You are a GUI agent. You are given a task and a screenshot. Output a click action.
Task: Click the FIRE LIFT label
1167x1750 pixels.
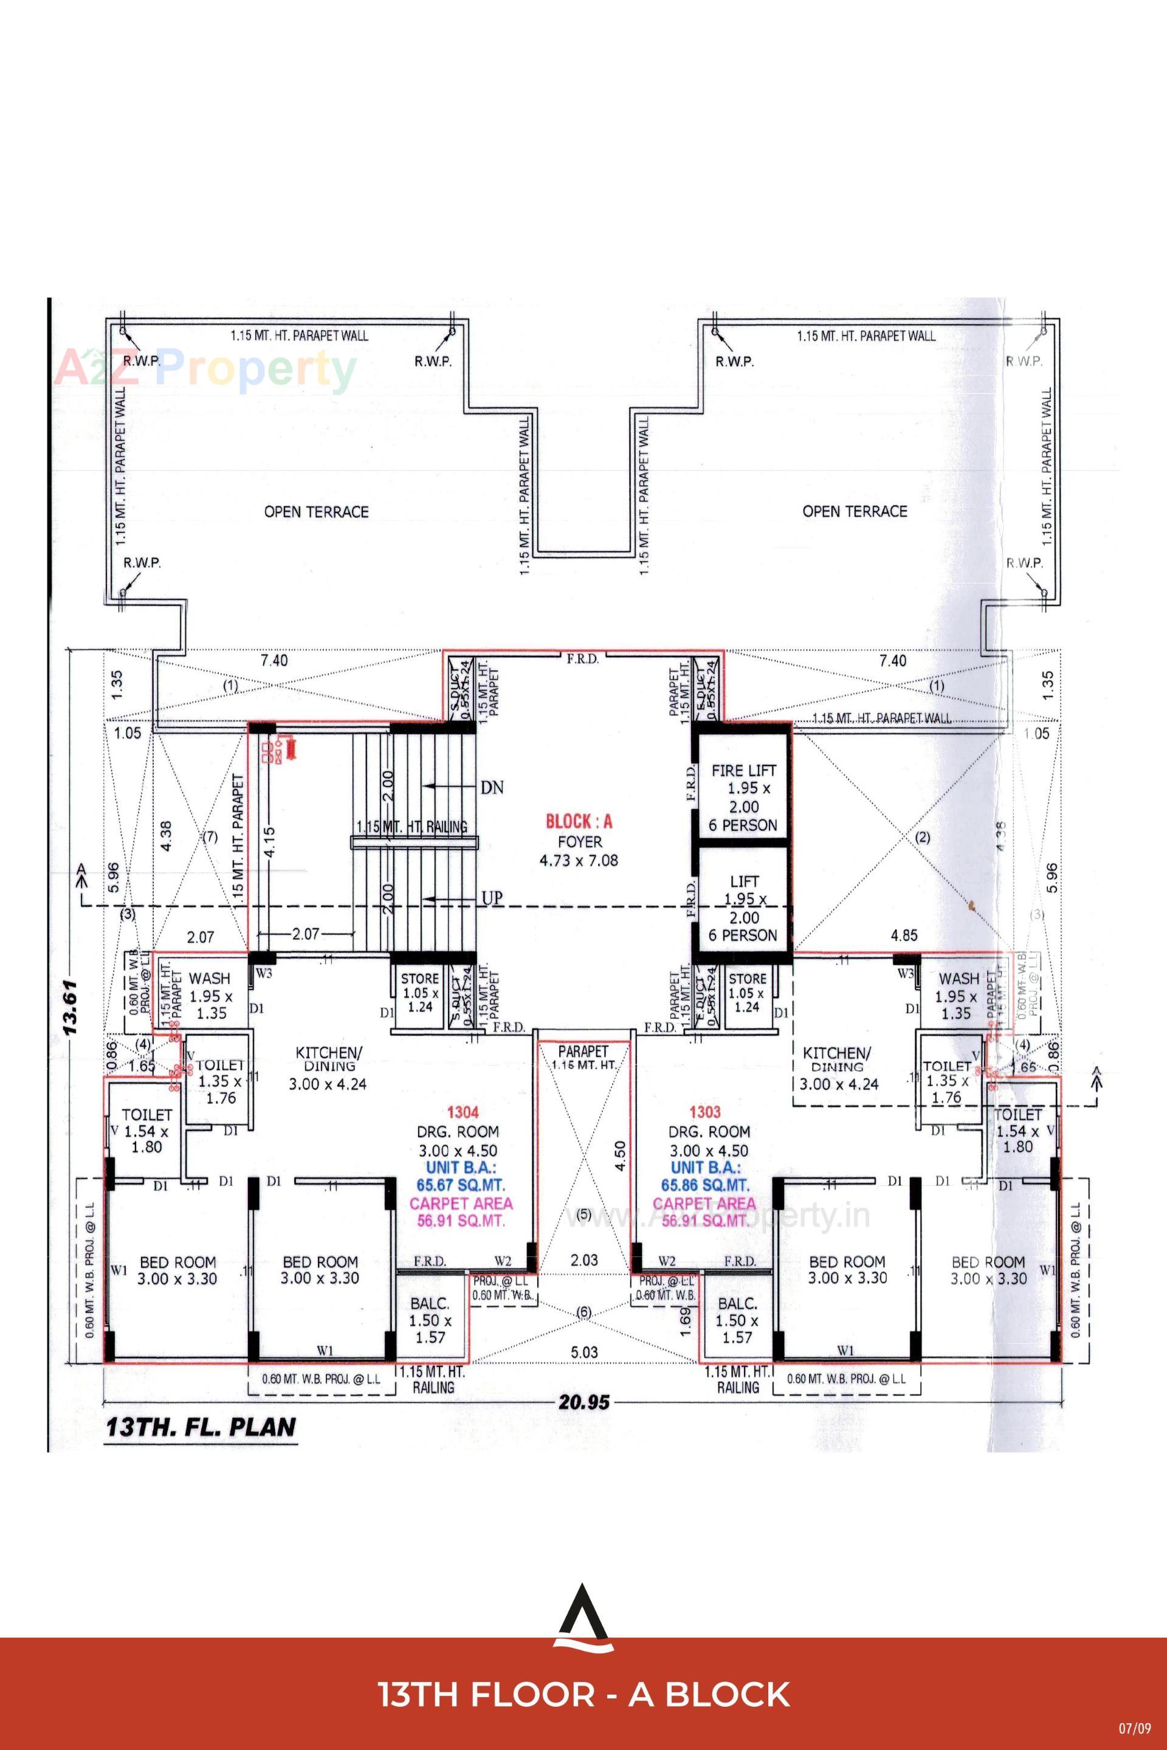click(x=743, y=770)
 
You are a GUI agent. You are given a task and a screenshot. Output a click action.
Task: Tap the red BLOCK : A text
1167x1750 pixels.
click(x=579, y=822)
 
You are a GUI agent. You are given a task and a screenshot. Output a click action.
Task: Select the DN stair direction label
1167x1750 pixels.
click(x=492, y=787)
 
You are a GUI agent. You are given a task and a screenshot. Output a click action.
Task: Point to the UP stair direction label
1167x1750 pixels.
click(x=492, y=898)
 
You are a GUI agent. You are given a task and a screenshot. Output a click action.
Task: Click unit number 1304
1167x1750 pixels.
click(x=458, y=1112)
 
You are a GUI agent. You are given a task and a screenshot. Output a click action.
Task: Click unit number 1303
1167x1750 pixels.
click(x=705, y=1112)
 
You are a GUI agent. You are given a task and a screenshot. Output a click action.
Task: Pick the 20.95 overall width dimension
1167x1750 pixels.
click(x=584, y=1403)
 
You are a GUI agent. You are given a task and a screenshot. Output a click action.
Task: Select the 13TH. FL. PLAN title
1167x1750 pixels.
click(x=201, y=1427)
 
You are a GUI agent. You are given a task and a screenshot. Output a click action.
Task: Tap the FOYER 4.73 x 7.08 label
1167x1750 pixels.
click(x=579, y=851)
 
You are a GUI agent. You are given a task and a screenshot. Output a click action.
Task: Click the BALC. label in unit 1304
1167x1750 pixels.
click(x=430, y=1303)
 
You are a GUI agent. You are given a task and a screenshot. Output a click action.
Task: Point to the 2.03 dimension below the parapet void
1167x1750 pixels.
click(x=584, y=1260)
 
